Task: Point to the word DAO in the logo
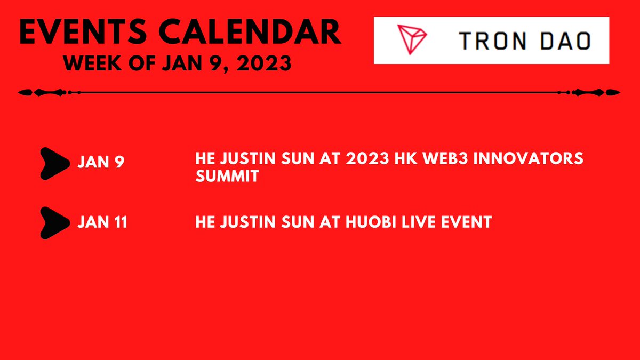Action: [x=569, y=41]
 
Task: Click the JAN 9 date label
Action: [x=101, y=162]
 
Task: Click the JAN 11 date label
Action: [x=102, y=222]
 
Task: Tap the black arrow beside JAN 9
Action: [x=55, y=162]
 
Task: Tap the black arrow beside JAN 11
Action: [x=55, y=222]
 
